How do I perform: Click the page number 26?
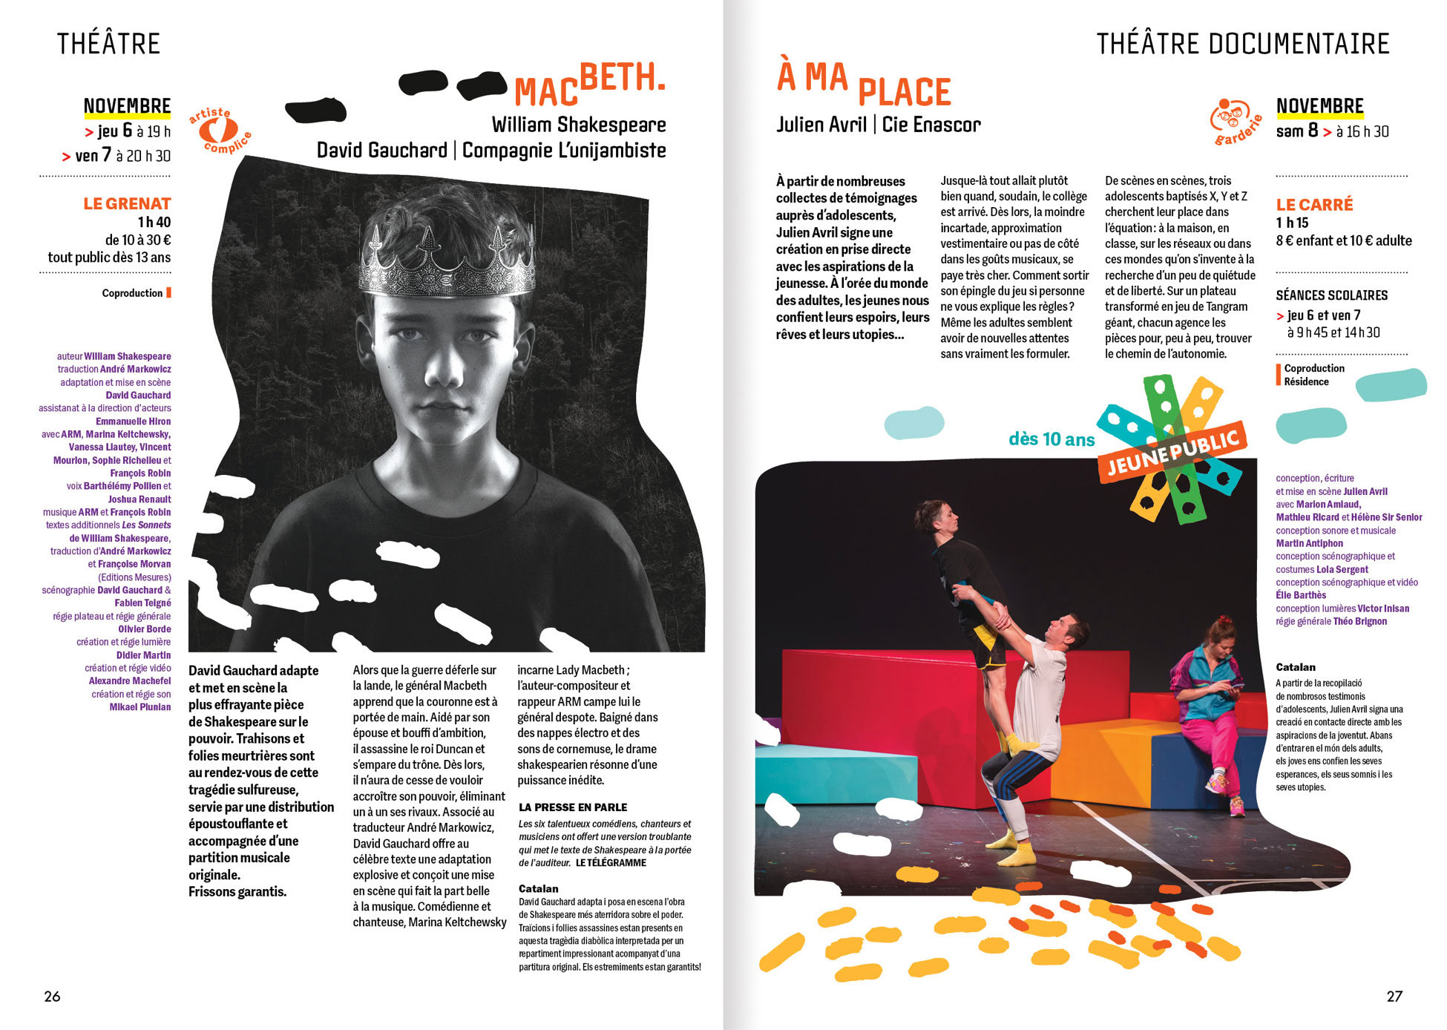[x=52, y=996]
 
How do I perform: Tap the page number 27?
[x=1394, y=996]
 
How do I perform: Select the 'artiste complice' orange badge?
[x=220, y=131]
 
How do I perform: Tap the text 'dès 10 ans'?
[x=1051, y=439]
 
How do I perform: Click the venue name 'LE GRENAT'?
[x=127, y=203]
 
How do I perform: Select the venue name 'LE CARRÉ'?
[x=1313, y=204]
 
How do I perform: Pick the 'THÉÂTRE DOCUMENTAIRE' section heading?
[x=1242, y=44]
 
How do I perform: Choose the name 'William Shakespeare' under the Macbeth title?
[x=578, y=124]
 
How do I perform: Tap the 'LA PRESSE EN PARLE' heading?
[x=572, y=807]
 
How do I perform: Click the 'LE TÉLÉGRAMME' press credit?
[x=611, y=862]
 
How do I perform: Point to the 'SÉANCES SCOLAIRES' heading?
[x=1331, y=295]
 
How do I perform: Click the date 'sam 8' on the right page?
[x=1296, y=131]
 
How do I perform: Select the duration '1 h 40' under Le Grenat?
[x=154, y=222]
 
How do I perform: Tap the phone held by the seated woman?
[x=1233, y=686]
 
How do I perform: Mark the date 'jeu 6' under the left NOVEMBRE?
[x=115, y=131]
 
